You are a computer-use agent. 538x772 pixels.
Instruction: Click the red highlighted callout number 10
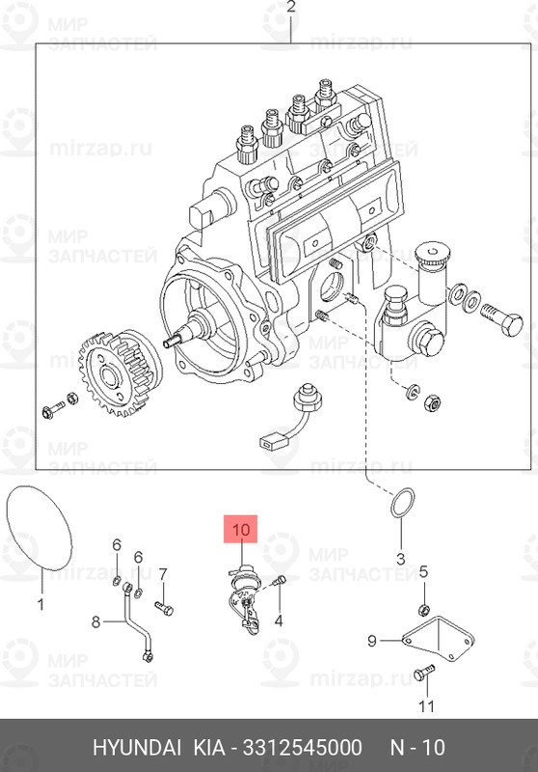pos(241,529)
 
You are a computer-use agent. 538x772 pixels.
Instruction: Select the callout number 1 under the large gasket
pos(41,605)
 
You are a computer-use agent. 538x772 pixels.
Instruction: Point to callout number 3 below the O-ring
pos(402,558)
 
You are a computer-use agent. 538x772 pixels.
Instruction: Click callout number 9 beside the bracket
pos(372,639)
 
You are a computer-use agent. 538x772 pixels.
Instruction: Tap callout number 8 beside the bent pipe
pos(95,622)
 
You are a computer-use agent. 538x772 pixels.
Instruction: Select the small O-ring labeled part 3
pos(403,503)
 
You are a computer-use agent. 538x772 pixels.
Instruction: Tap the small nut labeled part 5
pos(423,609)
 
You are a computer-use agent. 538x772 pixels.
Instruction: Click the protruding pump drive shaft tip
pos(174,340)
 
